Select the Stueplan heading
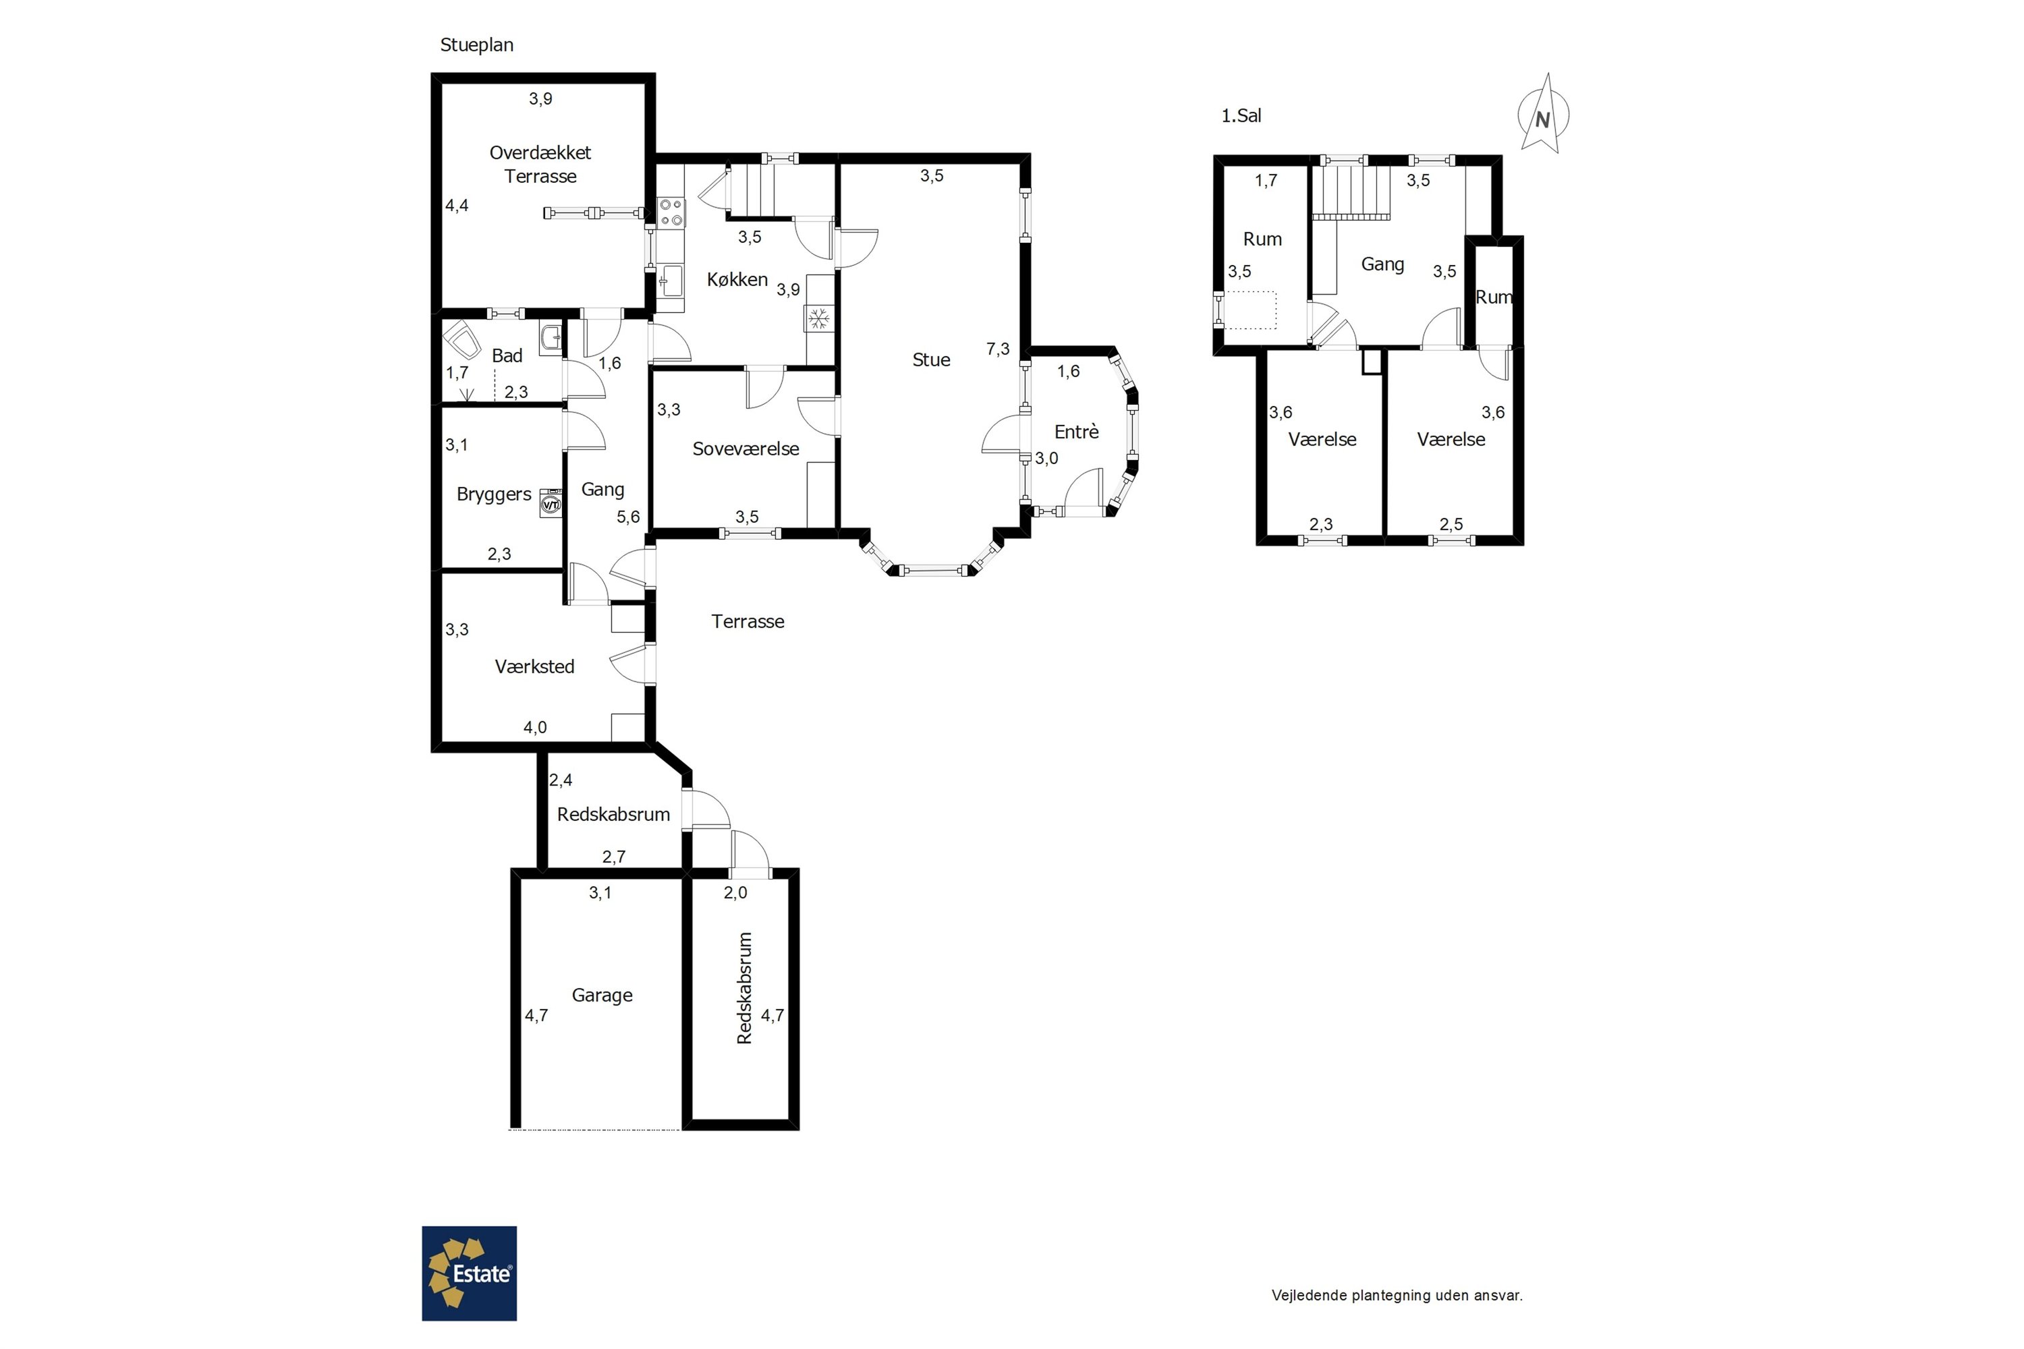pyautogui.click(x=477, y=45)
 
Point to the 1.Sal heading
pyautogui.click(x=1241, y=115)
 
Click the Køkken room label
pyautogui.click(x=737, y=280)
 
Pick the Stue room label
pyautogui.click(x=931, y=360)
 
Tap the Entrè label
pyautogui.click(x=1077, y=432)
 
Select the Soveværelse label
pyautogui.click(x=746, y=449)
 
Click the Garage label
pyautogui.click(x=602, y=996)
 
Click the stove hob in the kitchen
pyautogui.click(x=671, y=212)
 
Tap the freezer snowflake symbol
pyautogui.click(x=818, y=319)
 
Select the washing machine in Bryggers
pyautogui.click(x=551, y=504)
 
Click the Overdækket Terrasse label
pyautogui.click(x=540, y=165)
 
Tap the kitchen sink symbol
pyautogui.click(x=671, y=281)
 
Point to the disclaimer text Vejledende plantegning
pyautogui.click(x=1397, y=1295)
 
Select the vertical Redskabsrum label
pyautogui.click(x=746, y=989)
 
